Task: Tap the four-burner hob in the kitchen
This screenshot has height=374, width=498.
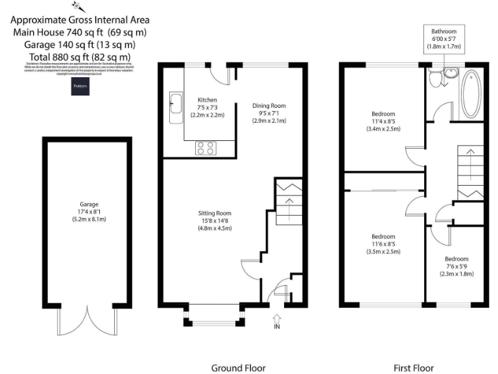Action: click(206, 149)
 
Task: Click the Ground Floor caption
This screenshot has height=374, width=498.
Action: click(238, 368)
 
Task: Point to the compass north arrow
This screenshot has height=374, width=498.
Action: click(79, 7)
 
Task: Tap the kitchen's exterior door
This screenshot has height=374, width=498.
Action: click(222, 75)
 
